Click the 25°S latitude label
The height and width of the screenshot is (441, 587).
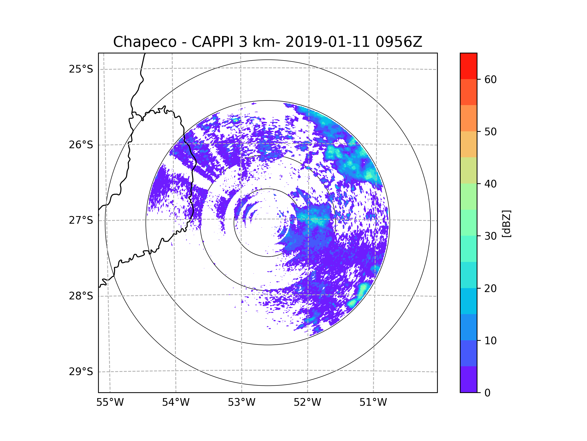[x=81, y=69]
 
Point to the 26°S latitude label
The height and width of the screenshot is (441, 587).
[x=81, y=145]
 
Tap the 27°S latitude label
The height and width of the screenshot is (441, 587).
[x=81, y=220]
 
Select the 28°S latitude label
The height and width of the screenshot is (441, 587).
[x=81, y=296]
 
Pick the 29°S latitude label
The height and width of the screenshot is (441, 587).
[x=81, y=372]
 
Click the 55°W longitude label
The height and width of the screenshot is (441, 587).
[x=110, y=403]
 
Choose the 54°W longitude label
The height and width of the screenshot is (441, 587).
[x=176, y=403]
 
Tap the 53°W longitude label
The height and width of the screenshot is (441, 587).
[x=241, y=403]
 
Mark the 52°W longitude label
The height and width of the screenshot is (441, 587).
[x=307, y=403]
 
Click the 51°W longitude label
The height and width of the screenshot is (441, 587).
[x=373, y=403]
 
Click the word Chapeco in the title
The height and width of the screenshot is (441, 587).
[x=145, y=42]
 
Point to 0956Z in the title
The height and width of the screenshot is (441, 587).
[x=398, y=42]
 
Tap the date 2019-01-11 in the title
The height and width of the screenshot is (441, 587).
[x=327, y=42]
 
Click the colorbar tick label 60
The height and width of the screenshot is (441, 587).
[x=490, y=79]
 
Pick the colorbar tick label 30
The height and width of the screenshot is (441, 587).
[x=490, y=236]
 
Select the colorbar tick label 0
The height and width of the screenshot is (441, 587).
[x=487, y=393]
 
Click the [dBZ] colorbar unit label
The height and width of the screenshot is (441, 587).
[x=506, y=224]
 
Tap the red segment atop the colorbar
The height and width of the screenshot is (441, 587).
[x=468, y=66]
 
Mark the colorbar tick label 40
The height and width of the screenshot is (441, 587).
[x=490, y=184]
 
